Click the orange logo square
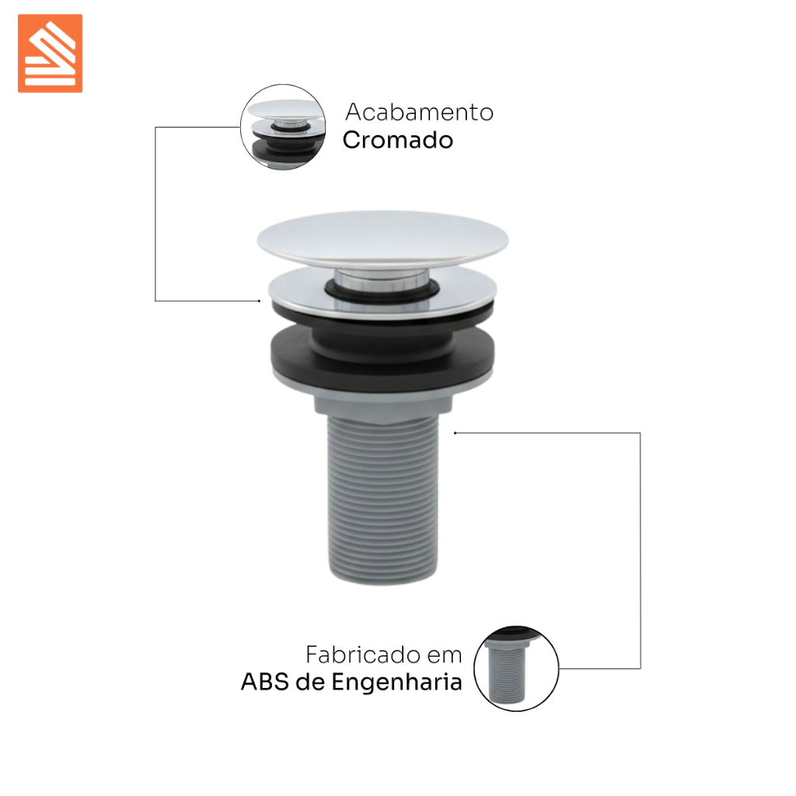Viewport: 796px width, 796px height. [51, 54]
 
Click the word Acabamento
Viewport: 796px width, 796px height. [419, 112]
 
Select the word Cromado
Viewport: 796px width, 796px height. [398, 140]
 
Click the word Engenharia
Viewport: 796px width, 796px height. [397, 683]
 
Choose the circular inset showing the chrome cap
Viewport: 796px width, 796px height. [283, 127]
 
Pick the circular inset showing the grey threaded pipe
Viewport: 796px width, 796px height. [516, 669]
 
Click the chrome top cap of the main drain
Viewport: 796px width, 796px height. [382, 239]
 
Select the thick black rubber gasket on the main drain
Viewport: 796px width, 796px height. [382, 353]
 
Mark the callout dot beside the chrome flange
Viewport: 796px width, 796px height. [260, 301]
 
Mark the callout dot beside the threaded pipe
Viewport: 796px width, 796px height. [456, 433]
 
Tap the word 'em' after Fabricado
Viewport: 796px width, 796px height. [445, 655]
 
